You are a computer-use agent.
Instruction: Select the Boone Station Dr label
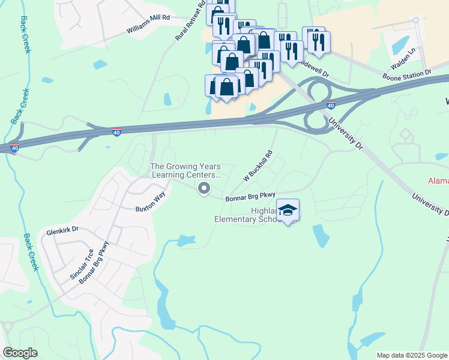click(x=407, y=75)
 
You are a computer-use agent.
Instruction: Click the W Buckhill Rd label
click(x=258, y=166)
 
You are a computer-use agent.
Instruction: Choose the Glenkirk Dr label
click(x=63, y=229)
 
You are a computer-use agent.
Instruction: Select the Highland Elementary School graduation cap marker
click(x=288, y=210)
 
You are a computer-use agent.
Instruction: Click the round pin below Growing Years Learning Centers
click(x=204, y=190)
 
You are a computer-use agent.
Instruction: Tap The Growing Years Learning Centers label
click(x=185, y=170)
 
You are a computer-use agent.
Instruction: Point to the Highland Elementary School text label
click(x=248, y=215)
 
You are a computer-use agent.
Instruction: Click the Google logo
click(x=20, y=353)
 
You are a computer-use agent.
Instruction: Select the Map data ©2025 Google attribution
click(x=411, y=355)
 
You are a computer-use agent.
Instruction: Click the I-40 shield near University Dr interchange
click(x=330, y=105)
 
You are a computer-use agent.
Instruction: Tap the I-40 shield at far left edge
click(x=14, y=147)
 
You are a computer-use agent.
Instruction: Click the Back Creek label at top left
click(x=25, y=34)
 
